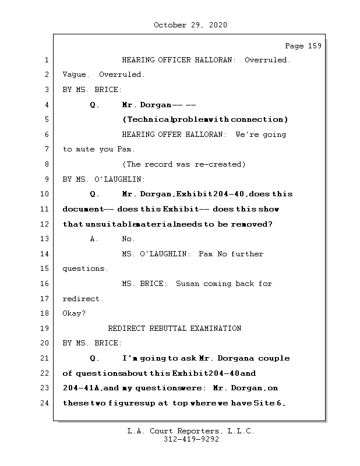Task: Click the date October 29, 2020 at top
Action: pyautogui.click(x=190, y=25)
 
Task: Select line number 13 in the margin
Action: pyautogui.click(x=45, y=239)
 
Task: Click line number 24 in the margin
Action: pyautogui.click(x=45, y=403)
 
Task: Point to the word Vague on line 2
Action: pyautogui.click(x=74, y=75)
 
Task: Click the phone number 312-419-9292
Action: pyautogui.click(x=190, y=440)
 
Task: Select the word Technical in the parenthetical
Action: pyautogui.click(x=147, y=119)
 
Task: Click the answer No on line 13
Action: pyautogui.click(x=128, y=239)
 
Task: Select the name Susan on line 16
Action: pyautogui.click(x=188, y=284)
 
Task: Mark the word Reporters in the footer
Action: pyautogui.click(x=196, y=431)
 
